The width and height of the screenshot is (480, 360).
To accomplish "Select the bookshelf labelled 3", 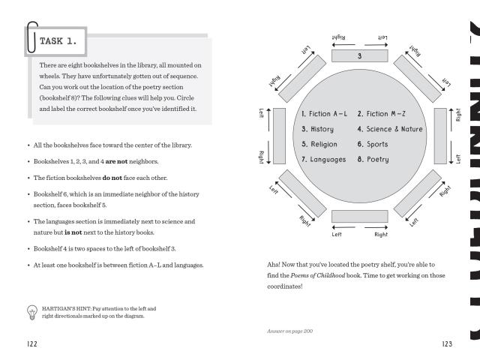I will tap(359, 56).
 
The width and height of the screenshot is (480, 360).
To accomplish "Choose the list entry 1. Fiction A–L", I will tap(325, 114).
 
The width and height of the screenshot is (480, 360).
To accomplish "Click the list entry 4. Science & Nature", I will tap(389, 129).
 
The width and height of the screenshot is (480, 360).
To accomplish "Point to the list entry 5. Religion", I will tap(319, 144).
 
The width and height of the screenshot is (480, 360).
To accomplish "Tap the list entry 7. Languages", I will tap(323, 159).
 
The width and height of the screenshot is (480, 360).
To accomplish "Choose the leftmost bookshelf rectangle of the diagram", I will tap(280, 136).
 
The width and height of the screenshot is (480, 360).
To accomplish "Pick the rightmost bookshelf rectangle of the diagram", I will tap(441, 136).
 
